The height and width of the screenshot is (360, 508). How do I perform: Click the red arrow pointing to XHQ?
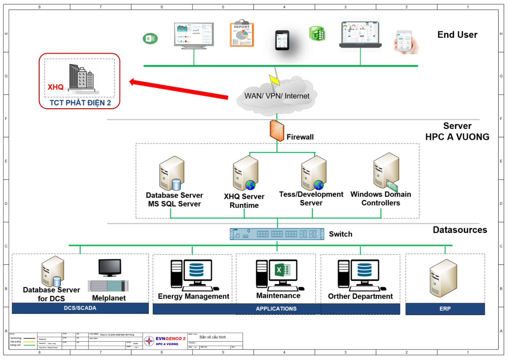click(x=179, y=89)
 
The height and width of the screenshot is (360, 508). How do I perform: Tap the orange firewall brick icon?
click(x=277, y=131)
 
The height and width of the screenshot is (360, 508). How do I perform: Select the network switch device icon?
click(x=277, y=234)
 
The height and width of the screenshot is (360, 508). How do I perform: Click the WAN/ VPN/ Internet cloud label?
click(x=277, y=96)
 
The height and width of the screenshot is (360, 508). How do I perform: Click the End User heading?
click(x=457, y=35)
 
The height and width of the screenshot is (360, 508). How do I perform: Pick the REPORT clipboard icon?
click(x=242, y=33)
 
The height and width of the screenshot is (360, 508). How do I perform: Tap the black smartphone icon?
click(x=282, y=40)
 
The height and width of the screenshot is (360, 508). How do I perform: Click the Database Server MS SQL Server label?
click(x=174, y=199)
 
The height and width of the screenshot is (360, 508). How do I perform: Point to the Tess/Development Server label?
click(x=311, y=199)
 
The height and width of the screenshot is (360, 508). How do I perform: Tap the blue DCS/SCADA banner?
click(x=80, y=308)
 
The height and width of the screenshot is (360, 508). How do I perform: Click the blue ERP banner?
click(x=445, y=309)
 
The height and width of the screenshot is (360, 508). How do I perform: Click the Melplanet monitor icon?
click(x=110, y=267)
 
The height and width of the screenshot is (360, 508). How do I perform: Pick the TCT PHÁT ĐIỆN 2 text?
click(x=80, y=103)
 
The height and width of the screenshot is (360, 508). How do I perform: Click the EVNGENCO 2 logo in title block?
click(x=165, y=341)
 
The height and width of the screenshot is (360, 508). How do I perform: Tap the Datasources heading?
click(x=460, y=230)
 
